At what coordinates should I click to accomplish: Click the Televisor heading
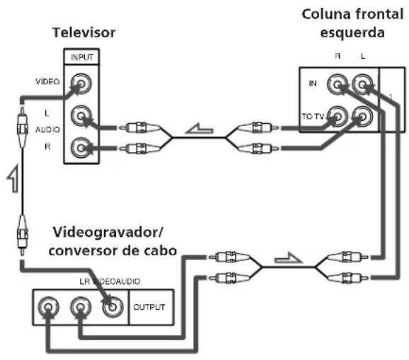point(84,33)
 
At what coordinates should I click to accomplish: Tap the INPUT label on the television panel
point(82,57)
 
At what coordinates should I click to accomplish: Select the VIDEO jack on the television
point(81,83)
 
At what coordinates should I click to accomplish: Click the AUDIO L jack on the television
point(81,115)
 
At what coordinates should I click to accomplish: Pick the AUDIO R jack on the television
point(81,148)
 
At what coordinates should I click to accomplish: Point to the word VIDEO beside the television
point(47,81)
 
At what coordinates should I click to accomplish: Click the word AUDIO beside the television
point(47,129)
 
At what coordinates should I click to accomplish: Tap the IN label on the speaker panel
point(313,83)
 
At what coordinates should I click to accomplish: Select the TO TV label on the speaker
point(313,116)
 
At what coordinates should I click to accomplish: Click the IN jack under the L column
point(362,84)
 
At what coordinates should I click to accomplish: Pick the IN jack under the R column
point(338,84)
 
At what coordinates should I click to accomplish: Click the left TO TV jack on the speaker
point(338,117)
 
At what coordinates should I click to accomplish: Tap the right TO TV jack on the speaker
point(362,117)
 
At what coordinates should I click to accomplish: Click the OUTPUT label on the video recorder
point(149,307)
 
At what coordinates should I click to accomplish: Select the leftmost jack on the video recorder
point(48,307)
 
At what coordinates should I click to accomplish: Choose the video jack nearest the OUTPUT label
point(113,307)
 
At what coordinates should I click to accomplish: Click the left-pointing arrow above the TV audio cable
point(200,128)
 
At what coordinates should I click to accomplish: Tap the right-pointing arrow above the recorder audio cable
point(288,257)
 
